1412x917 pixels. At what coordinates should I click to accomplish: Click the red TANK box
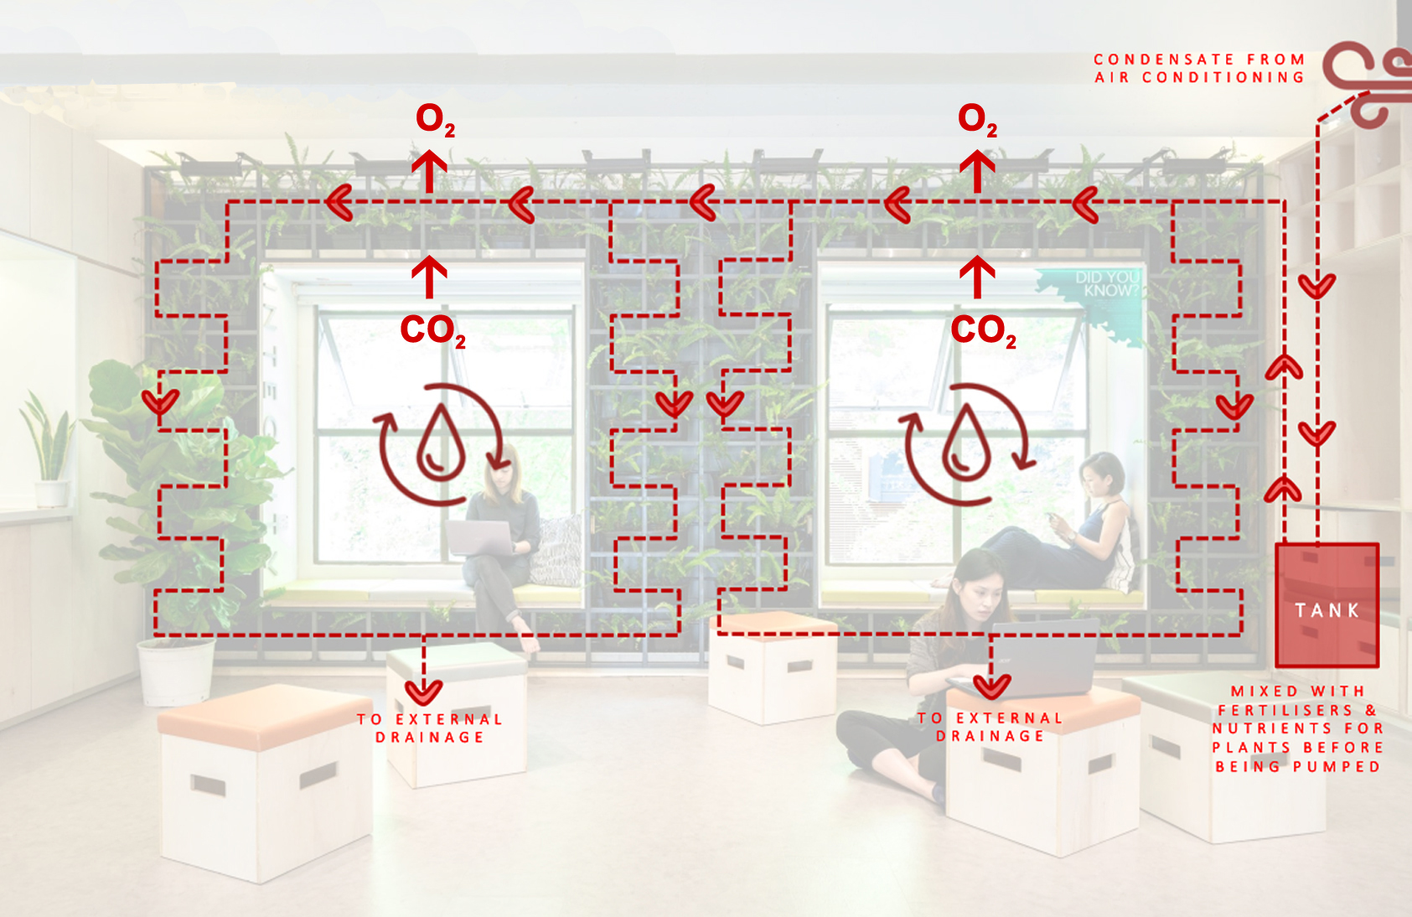[1326, 605]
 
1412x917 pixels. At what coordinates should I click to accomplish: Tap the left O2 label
[434, 120]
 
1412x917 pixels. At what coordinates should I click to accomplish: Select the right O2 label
[976, 120]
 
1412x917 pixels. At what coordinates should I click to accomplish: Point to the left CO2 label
[432, 330]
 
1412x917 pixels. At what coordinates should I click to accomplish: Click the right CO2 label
[983, 330]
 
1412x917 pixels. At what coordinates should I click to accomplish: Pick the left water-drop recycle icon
[441, 444]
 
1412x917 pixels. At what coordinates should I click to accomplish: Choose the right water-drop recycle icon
[966, 444]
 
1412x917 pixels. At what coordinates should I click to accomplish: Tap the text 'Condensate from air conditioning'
[1199, 68]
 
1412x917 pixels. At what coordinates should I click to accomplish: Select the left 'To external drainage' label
[429, 728]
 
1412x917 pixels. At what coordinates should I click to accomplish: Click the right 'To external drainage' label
[990, 727]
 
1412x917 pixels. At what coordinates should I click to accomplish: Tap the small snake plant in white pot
[49, 453]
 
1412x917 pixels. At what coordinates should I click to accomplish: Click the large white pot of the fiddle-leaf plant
[175, 671]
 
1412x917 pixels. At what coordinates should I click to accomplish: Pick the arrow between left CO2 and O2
[429, 277]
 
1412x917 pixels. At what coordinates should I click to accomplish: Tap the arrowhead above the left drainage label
[423, 692]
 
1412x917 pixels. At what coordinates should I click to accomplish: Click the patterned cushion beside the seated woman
[556, 549]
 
